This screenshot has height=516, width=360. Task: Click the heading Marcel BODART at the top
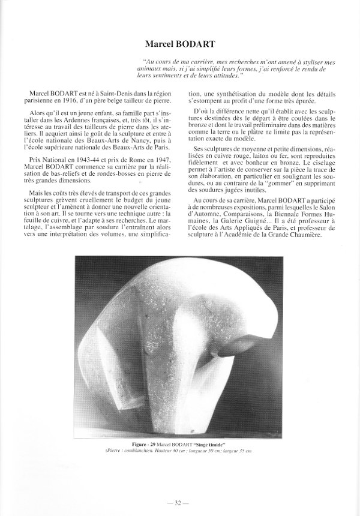point(179,44)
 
